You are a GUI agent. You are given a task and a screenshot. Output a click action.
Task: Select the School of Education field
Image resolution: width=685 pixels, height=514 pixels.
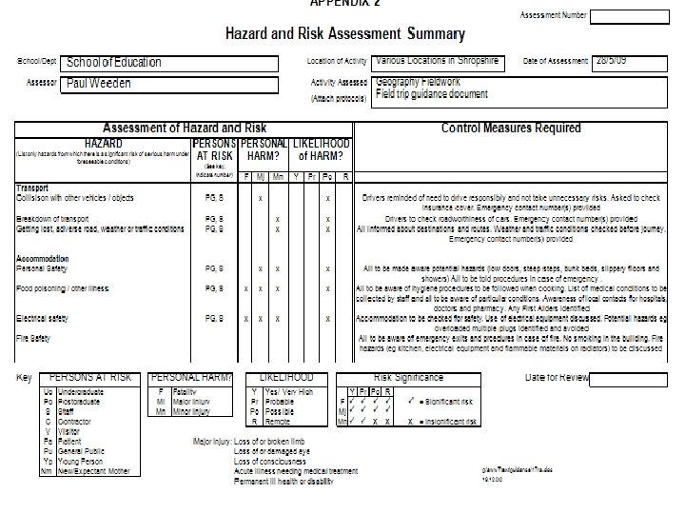(170, 63)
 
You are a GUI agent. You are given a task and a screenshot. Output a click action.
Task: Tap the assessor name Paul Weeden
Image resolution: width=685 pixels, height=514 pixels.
(170, 84)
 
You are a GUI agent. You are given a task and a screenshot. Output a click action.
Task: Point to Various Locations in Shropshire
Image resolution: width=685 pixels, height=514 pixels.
(438, 61)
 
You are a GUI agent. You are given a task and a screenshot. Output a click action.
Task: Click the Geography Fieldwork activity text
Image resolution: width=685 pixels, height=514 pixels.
(419, 83)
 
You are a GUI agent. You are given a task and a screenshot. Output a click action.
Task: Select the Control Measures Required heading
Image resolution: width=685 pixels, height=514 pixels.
(510, 128)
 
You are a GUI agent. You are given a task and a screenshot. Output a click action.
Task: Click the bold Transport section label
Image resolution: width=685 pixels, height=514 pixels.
(32, 188)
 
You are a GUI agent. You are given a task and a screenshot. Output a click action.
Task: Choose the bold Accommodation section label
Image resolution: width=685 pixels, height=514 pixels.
(43, 257)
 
